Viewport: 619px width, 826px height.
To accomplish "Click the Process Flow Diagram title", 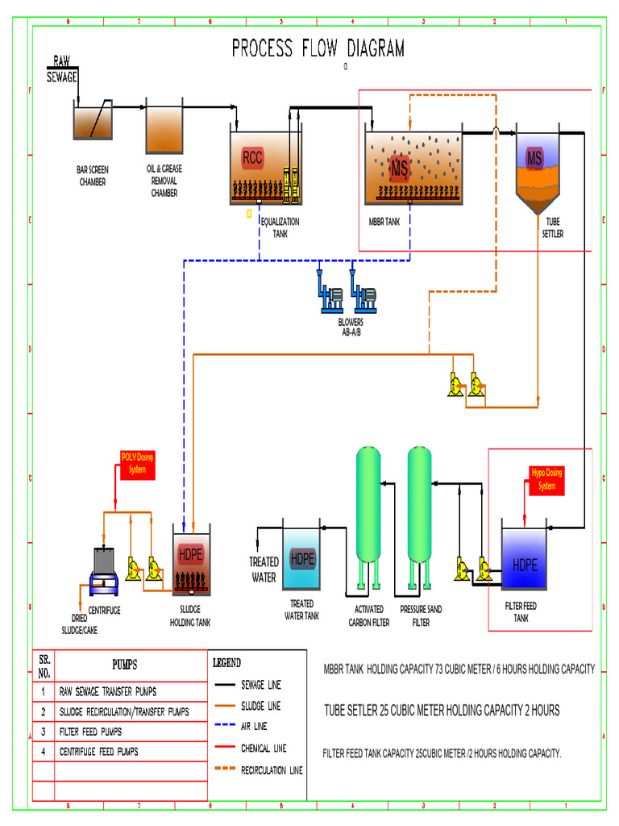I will [x=318, y=48].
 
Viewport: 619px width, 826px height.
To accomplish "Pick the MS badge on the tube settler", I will [x=534, y=157].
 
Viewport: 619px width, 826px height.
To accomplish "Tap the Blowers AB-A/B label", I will [x=350, y=327].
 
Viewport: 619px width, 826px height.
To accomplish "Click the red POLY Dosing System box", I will [x=137, y=463].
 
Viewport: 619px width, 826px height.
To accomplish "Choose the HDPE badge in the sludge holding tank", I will [x=191, y=554].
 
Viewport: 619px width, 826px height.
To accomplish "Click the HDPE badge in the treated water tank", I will [x=301, y=558].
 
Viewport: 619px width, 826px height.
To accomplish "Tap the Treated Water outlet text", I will [x=264, y=569].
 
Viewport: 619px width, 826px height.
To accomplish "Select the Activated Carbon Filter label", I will [x=368, y=616].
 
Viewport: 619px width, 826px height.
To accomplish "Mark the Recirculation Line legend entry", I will [x=272, y=770].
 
